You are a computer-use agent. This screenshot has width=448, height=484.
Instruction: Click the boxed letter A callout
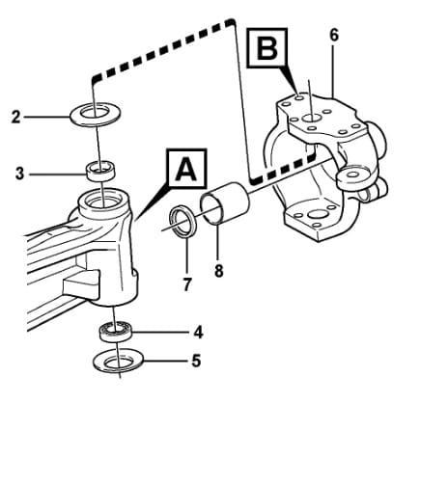(186, 168)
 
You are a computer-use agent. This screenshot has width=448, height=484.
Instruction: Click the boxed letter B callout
(267, 48)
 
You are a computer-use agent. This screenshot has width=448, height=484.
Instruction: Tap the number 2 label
(15, 117)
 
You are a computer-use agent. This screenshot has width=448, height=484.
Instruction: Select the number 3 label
(20, 174)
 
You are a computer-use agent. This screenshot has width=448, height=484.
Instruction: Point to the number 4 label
(199, 333)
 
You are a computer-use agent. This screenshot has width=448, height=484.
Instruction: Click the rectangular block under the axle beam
(81, 284)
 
